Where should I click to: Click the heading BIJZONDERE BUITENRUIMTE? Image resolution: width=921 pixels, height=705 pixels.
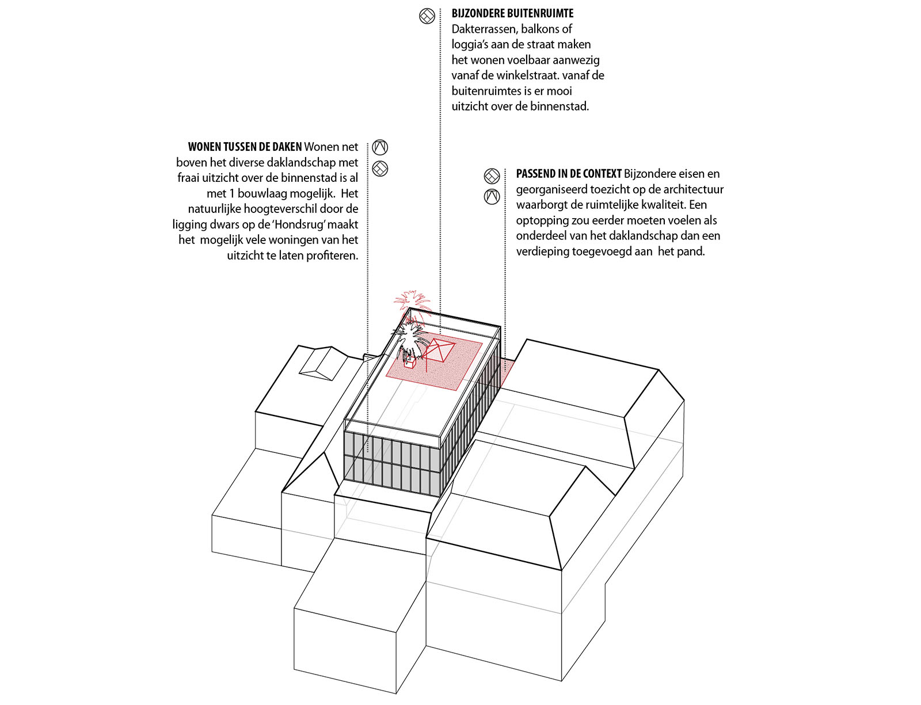pyautogui.click(x=512, y=14)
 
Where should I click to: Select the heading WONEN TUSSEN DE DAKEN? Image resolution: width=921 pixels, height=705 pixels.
pyautogui.click(x=245, y=147)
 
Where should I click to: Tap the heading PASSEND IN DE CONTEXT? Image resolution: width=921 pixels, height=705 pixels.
pyautogui.click(x=569, y=174)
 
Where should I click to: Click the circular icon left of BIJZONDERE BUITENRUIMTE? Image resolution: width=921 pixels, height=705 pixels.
pyautogui.click(x=427, y=16)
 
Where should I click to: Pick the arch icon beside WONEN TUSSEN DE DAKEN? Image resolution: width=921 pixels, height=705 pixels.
pyautogui.click(x=380, y=147)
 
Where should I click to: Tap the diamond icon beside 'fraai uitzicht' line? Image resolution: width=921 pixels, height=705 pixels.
pyautogui.click(x=380, y=169)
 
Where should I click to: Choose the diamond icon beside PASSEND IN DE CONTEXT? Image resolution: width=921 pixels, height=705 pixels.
pyautogui.click(x=492, y=176)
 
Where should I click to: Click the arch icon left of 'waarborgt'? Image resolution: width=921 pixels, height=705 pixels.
pyautogui.click(x=492, y=197)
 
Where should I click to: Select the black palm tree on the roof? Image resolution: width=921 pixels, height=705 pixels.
pyautogui.click(x=410, y=341)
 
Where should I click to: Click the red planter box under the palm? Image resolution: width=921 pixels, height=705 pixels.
pyautogui.click(x=409, y=364)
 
